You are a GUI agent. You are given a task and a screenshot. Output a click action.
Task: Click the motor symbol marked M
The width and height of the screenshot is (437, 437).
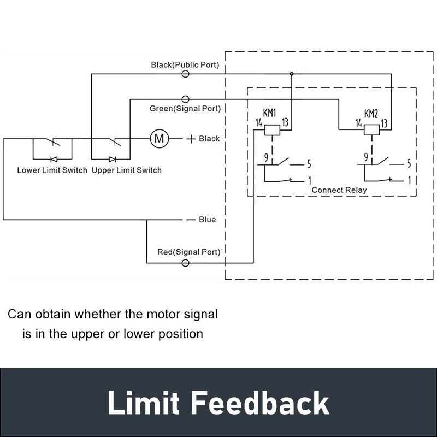pos(160,139)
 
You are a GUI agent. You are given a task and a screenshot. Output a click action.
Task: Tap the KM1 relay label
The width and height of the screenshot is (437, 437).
pos(269,113)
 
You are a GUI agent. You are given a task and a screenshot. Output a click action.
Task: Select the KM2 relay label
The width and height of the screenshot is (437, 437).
pos(371,114)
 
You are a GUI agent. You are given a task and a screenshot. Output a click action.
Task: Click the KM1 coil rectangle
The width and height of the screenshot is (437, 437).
pos(273,129)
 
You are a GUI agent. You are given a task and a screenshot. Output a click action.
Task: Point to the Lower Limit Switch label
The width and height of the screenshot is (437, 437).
pos(52,170)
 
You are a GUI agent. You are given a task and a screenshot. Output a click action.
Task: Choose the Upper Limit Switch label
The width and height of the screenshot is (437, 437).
pos(127,170)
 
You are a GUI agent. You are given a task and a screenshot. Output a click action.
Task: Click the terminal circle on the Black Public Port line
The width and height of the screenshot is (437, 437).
pos(185,73)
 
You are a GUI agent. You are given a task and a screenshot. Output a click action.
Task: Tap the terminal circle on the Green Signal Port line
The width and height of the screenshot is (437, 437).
pos(185,99)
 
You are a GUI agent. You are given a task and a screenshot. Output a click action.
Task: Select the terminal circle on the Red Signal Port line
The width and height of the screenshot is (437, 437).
pos(185,263)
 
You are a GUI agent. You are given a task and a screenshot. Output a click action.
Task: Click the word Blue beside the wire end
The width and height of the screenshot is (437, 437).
pos(207,220)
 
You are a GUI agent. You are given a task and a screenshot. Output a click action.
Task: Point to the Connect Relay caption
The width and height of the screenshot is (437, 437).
pos(339,190)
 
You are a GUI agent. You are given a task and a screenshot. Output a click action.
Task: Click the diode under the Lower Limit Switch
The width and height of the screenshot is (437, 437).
pos(54,159)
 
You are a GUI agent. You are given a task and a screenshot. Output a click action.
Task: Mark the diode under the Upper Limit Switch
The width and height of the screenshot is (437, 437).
pos(112,159)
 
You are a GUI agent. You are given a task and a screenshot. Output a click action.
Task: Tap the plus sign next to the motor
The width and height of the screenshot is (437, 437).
pos(191,139)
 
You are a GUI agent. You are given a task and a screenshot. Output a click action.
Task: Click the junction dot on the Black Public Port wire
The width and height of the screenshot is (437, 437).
pos(292,73)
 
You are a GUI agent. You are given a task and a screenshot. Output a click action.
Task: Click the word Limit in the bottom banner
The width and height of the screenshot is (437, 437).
pos(143,403)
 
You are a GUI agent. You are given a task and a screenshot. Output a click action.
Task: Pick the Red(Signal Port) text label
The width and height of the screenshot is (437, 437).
pos(189,252)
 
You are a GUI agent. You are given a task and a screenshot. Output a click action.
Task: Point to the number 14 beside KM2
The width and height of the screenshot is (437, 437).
pos(359,123)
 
